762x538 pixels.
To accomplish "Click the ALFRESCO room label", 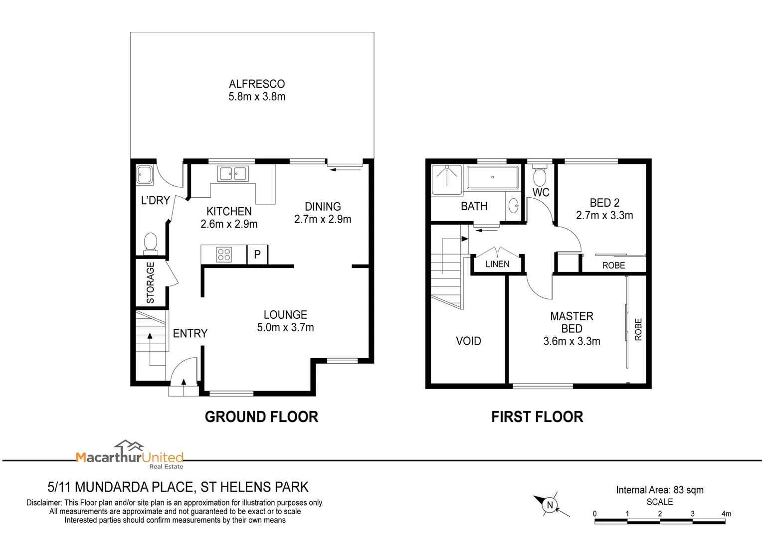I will [x=257, y=84].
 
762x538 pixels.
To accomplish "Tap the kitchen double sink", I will [x=232, y=174].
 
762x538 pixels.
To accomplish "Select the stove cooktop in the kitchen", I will [x=224, y=255].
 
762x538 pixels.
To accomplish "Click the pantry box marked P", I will [x=257, y=255].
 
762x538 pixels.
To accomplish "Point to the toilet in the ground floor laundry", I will [x=150, y=243].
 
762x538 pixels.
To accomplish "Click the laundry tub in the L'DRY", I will [x=146, y=175].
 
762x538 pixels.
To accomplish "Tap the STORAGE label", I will [x=150, y=282].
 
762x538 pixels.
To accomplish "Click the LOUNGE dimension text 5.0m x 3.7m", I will [x=285, y=327].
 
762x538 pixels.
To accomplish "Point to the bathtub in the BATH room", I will [x=492, y=177].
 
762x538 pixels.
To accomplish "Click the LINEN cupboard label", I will [x=497, y=264].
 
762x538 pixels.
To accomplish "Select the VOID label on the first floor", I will [x=468, y=341].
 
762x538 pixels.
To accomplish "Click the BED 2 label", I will [x=604, y=203].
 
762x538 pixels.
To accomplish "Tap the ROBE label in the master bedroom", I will [x=638, y=329].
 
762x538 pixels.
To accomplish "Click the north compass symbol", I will [x=550, y=505].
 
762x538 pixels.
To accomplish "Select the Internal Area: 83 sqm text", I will [x=659, y=490].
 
